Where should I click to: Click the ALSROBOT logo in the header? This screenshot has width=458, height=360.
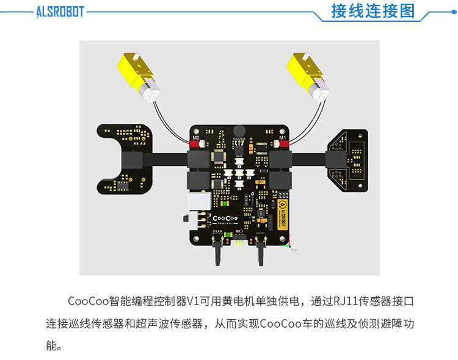tap(59, 12)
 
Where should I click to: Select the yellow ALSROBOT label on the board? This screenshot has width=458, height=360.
tap(283, 211)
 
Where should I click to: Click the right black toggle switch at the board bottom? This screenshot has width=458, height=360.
tap(261, 250)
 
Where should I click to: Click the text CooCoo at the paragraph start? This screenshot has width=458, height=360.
tap(87, 301)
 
